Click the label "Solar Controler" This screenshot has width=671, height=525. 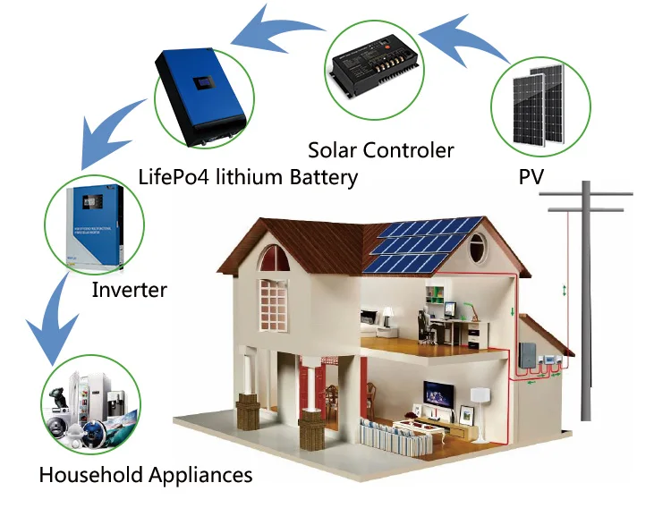[x=380, y=149]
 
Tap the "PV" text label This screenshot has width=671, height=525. [x=531, y=176]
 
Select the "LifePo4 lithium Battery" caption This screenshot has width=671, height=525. [x=248, y=176]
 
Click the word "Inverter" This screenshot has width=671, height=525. [x=129, y=290]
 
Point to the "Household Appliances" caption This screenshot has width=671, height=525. [x=145, y=473]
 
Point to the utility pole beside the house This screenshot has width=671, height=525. [x=586, y=295]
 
